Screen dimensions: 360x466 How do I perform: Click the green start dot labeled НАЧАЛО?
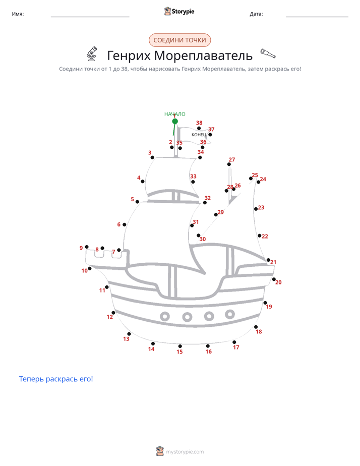pos(175,121)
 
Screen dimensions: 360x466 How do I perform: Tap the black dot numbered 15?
pos(180,346)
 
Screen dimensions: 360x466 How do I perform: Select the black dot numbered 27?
pos(229,164)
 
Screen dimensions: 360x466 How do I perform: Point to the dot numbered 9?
pos(87,247)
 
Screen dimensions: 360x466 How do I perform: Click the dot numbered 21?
pos(269,260)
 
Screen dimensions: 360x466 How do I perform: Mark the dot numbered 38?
pos(199,129)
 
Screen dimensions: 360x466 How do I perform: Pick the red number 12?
pos(110,317)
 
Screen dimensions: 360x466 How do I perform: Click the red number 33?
pos(194,176)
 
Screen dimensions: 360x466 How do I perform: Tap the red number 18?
pos(259,332)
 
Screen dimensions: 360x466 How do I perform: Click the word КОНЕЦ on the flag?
pos(199,135)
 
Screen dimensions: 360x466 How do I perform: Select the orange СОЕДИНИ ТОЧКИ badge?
pos(179,40)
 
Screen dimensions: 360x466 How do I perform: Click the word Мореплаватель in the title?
pos(204,55)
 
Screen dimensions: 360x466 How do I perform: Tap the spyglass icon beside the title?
pos(268,53)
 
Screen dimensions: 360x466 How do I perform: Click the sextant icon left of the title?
pos(92,53)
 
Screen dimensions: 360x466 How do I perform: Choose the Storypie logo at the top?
pos(179,11)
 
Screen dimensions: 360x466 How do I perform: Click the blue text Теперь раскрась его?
pos(56,379)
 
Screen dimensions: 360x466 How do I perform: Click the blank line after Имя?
pos(90,17)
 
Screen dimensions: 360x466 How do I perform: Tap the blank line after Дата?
pos(317,17)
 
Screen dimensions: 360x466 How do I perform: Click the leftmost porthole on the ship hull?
pos(165,316)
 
